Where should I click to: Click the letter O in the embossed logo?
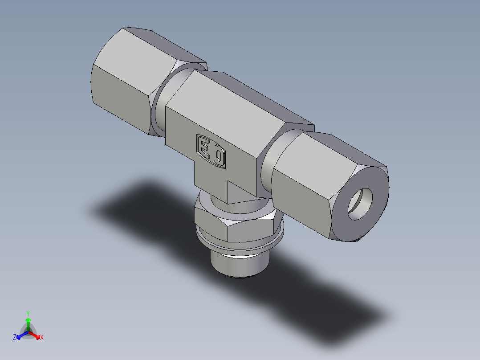[218, 156]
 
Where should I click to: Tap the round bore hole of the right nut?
[360, 204]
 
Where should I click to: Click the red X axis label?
[41, 338]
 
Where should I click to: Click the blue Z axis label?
[15, 338]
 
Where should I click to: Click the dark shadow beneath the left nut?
[134, 200]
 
